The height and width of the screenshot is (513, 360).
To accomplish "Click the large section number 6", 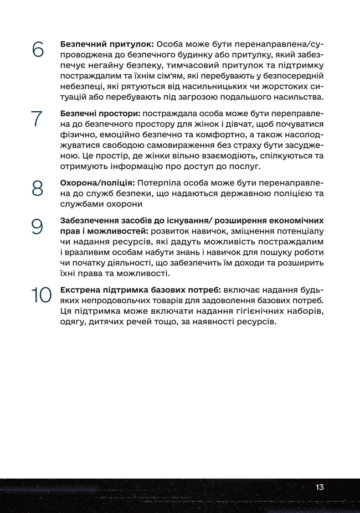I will coord(37,49).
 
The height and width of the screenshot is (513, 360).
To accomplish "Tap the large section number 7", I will coord(37,118).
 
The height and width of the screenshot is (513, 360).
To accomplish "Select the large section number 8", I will coord(37,188).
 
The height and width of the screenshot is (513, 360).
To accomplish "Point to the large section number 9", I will coord(37,226).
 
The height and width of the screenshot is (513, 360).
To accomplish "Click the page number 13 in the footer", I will coord(320,487).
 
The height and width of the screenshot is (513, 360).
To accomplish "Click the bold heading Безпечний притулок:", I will coord(107,43).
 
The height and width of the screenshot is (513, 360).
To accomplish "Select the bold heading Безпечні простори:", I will coord(100,113).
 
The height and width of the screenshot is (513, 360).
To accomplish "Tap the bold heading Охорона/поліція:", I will coord(97,183).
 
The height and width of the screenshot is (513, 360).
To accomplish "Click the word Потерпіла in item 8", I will coord(158,183).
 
